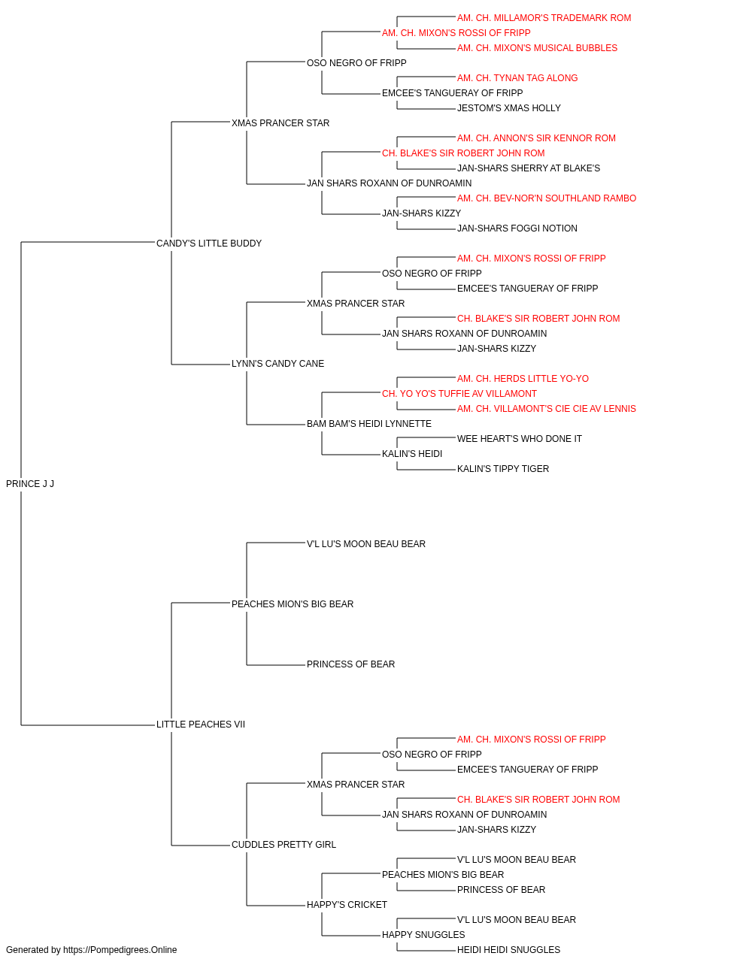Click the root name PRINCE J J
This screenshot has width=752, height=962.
30,484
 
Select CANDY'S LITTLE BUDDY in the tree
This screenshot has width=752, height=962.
209,244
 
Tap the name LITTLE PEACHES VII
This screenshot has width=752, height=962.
201,725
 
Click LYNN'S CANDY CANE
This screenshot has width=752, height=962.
277,364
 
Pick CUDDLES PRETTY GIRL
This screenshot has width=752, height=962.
284,845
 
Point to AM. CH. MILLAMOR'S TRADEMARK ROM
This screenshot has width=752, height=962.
544,18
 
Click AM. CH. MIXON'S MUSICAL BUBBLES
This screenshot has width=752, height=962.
537,48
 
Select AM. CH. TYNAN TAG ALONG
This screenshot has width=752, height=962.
517,78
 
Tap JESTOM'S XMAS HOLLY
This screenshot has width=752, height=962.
509,108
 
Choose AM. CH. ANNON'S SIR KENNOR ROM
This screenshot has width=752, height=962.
536,138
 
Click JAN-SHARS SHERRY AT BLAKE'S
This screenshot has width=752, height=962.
529,168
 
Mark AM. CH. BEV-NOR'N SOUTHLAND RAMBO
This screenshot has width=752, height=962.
547,198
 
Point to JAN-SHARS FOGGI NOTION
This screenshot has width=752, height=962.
517,228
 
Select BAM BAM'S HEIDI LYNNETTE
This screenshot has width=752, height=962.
369,424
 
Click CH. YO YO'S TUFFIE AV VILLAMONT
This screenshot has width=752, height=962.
459,394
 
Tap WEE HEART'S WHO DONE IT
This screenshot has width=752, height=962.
520,439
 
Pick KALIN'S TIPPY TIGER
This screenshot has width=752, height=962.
503,469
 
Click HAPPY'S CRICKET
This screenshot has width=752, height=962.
347,905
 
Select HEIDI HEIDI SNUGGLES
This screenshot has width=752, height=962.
509,950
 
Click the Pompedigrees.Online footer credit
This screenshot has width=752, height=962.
91,950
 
